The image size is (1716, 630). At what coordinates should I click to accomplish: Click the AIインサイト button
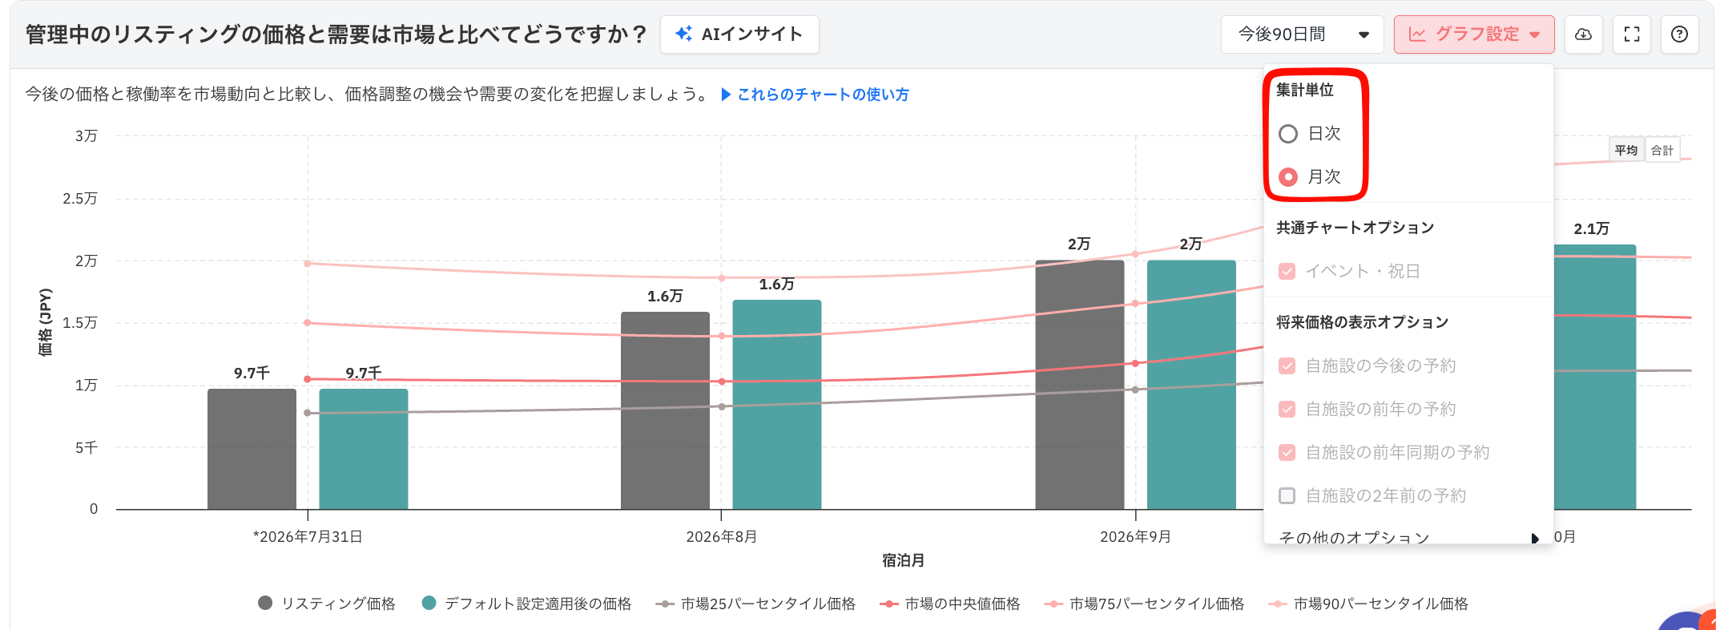tap(739, 34)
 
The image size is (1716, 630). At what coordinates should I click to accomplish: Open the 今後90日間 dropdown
tap(1303, 34)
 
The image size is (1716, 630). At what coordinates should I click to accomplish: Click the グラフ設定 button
tap(1474, 34)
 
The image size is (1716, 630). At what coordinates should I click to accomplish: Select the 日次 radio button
tap(1288, 134)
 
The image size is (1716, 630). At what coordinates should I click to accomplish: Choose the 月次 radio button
tap(1288, 177)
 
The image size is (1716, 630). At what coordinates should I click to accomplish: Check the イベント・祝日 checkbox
tap(1287, 272)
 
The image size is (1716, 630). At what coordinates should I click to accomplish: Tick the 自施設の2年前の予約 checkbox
tap(1287, 496)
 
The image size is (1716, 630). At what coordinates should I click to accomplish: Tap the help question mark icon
tap(1680, 34)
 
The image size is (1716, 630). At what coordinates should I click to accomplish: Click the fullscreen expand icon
tap(1632, 34)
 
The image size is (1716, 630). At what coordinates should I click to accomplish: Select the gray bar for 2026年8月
tap(665, 410)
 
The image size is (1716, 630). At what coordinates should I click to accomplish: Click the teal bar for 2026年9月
tap(1191, 385)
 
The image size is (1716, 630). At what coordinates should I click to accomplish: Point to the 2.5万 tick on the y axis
tap(80, 198)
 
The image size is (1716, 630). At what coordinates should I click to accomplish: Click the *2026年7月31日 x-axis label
tap(308, 537)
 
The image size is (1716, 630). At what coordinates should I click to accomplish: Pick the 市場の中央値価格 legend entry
tap(950, 604)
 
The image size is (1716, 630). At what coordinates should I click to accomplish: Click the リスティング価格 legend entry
tap(327, 604)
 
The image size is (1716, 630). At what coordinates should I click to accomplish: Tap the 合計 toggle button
tap(1662, 150)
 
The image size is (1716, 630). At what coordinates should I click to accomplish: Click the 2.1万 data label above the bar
tap(1591, 229)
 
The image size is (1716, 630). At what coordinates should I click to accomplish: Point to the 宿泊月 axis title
tap(904, 560)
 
